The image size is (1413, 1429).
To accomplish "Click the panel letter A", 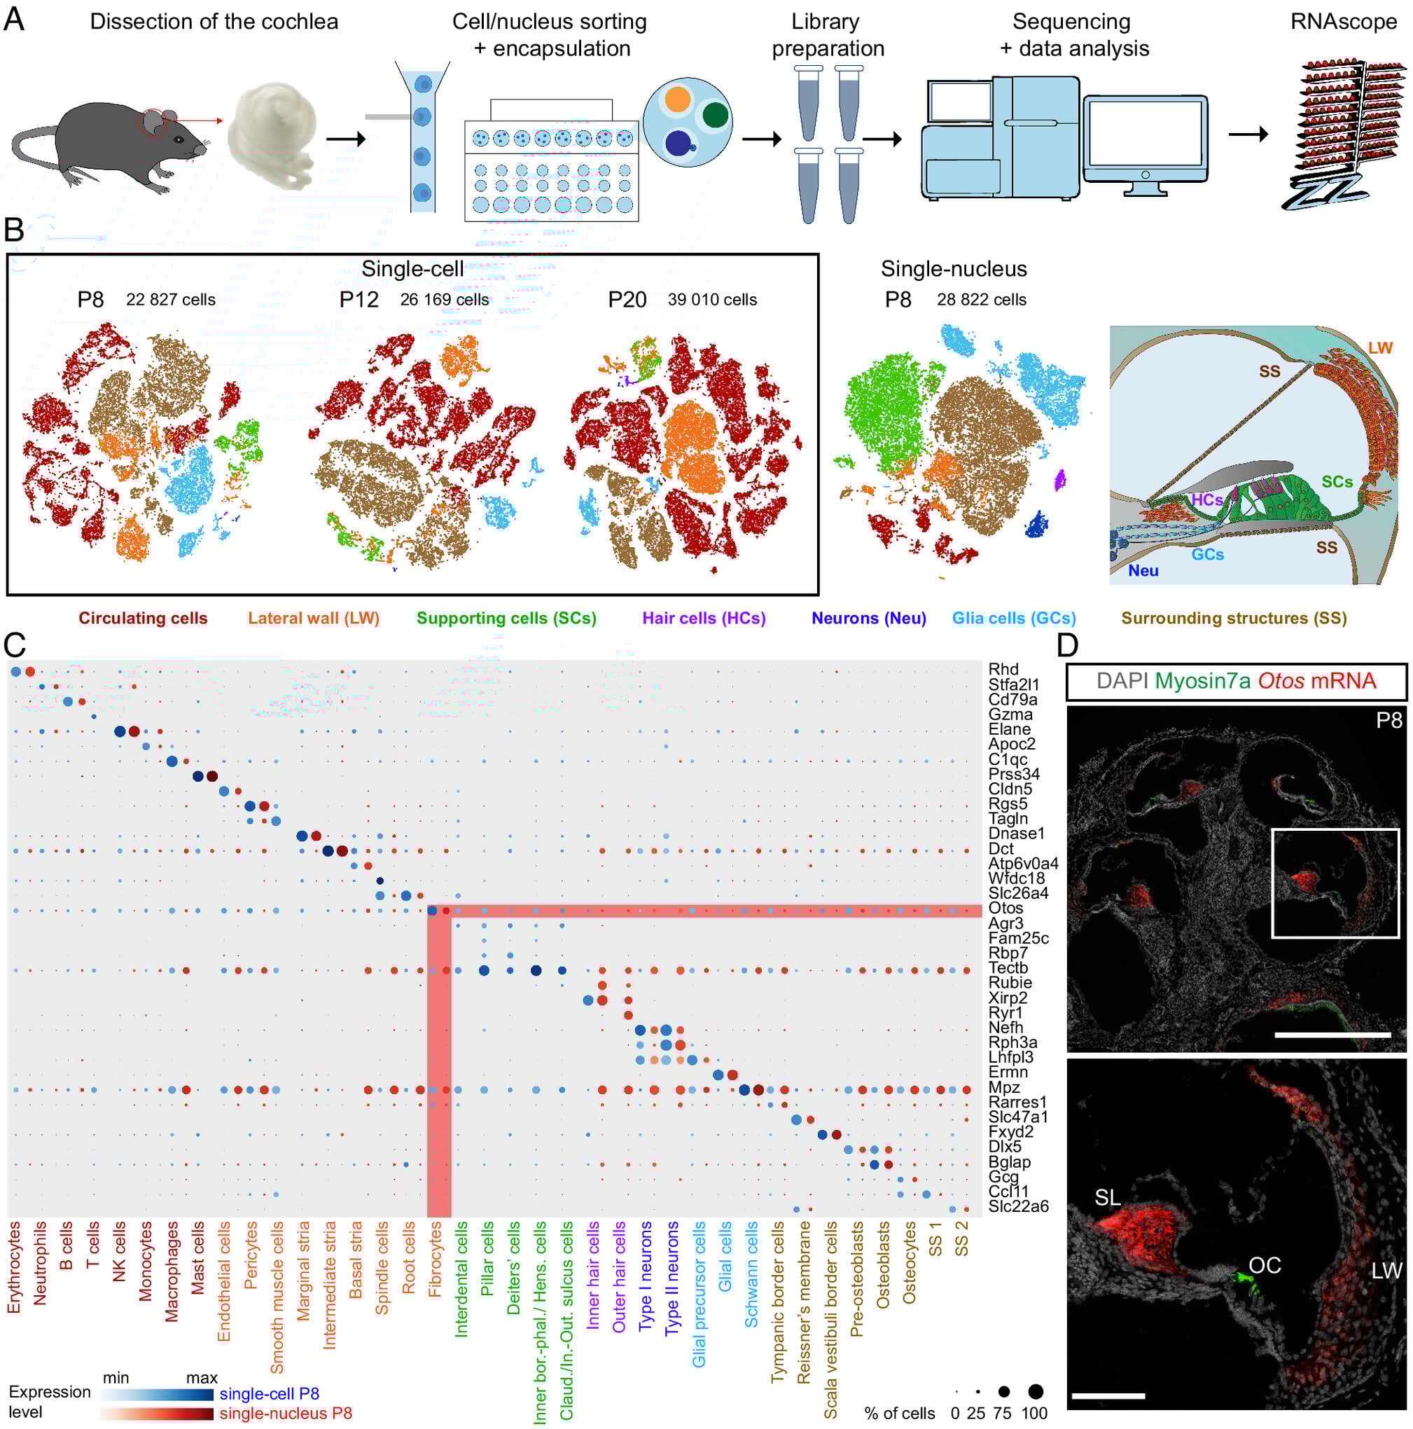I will click(14, 19).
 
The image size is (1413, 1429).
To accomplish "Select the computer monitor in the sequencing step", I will click(1145, 137).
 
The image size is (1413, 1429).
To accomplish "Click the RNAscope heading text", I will click(1343, 22).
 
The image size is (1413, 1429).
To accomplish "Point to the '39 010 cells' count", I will click(712, 300).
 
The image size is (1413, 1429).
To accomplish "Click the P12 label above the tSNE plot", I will click(359, 300).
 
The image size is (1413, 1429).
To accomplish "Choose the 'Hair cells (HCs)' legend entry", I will click(703, 619).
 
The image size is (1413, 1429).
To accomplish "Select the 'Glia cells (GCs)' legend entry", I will click(1013, 619).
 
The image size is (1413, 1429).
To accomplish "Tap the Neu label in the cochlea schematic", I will click(1143, 570).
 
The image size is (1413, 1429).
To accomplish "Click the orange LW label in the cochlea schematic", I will click(1379, 347).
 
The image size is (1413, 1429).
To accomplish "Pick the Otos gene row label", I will click(1005, 908).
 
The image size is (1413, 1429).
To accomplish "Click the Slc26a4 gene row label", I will click(1017, 892).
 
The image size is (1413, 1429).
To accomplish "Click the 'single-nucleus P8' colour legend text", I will click(286, 1414).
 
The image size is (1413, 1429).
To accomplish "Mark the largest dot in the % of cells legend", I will click(1035, 1391).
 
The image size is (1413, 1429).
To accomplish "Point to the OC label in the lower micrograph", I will click(1265, 1265).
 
